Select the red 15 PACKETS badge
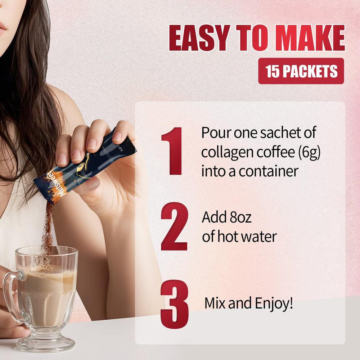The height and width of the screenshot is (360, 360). pyautogui.click(x=301, y=71)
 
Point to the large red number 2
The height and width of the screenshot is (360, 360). pyautogui.click(x=174, y=226)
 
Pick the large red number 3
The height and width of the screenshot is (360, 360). pyautogui.click(x=174, y=304)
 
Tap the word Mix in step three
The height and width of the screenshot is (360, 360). pyautogui.click(x=215, y=303)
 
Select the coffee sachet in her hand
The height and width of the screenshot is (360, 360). pyautogui.click(x=85, y=166)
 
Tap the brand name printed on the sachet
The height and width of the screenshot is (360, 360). pyautogui.click(x=58, y=184)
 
